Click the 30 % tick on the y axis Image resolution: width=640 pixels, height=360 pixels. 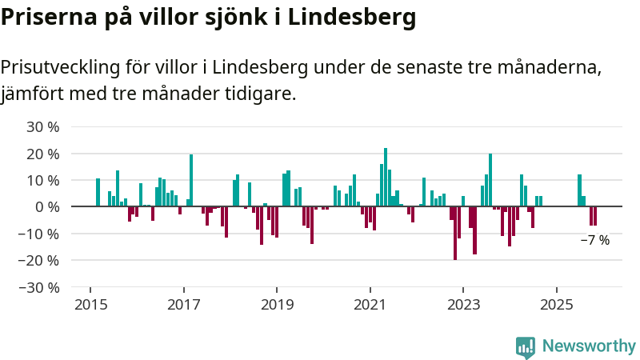43,126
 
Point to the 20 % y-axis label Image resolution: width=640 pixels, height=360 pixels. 43,154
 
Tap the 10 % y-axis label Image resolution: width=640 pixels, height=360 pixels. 43,180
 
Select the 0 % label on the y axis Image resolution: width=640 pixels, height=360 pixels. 47,206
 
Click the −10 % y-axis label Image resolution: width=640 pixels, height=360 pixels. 40,234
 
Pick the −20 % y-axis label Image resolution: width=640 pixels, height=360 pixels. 40,260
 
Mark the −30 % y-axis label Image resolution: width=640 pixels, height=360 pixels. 40,286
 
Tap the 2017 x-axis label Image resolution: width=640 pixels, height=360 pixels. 183,305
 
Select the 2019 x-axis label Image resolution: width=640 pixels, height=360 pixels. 277,305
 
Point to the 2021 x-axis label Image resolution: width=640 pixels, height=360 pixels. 370,305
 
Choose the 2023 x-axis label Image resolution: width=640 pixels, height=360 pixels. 463,305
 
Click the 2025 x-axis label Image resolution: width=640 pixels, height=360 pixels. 557,305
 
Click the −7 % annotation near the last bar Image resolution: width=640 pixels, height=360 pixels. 594,240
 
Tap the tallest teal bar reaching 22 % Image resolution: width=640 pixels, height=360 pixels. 386,177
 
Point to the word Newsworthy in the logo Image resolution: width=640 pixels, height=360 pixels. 589,346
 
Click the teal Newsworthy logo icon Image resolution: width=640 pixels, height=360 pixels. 526,346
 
